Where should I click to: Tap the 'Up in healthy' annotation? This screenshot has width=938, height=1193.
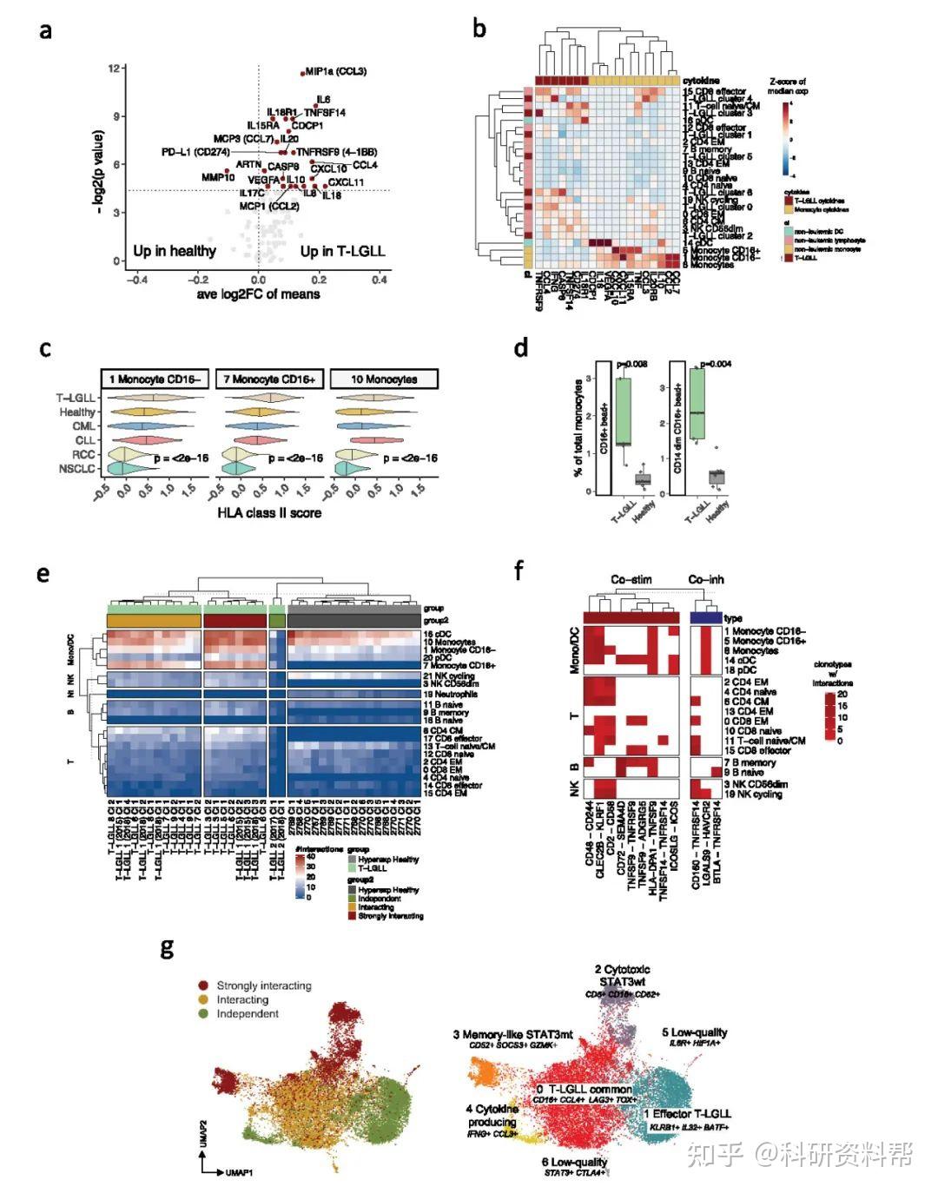coord(175,251)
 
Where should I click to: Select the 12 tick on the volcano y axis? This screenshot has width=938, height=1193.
coord(114,68)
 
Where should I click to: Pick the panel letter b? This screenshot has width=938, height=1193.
coord(479,28)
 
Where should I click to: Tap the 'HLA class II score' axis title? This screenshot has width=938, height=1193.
coord(268,512)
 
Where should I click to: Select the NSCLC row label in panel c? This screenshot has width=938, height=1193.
coord(77,469)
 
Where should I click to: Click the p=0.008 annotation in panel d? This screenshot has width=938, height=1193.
coord(633,365)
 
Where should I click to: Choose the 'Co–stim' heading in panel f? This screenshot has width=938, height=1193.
coord(631,580)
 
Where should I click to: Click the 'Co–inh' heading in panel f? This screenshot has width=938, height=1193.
coord(706,580)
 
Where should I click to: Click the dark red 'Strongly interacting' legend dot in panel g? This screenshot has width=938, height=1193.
coord(203,985)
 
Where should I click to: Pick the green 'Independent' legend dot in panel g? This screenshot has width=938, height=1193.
coord(203,1013)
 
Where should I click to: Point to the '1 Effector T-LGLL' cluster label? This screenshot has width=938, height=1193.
coord(687,1113)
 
